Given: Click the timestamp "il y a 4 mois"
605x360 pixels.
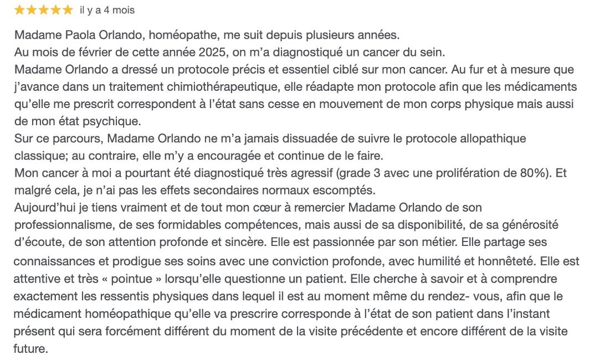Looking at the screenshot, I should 107,11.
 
